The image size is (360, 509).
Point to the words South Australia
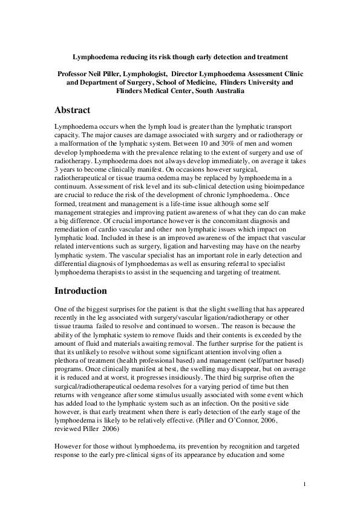[219, 91]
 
